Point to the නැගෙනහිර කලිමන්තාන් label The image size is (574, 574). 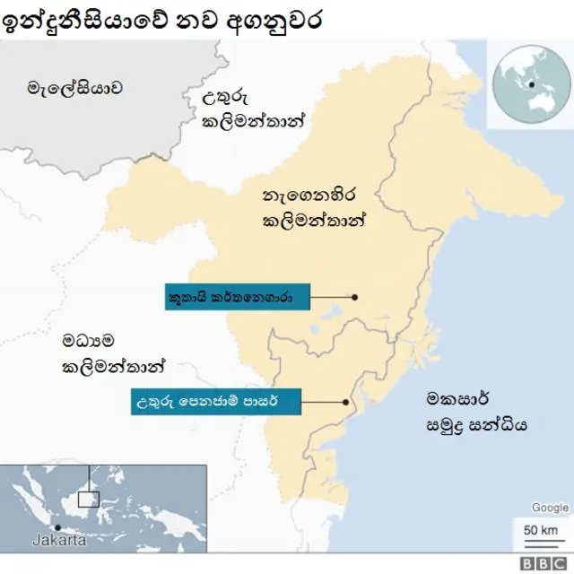click(315, 207)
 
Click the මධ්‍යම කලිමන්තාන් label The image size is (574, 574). click(113, 353)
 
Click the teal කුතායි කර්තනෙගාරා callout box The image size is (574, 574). click(238, 297)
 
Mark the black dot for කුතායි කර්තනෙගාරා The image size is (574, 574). click(355, 297)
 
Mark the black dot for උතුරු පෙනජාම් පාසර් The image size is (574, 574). click(344, 402)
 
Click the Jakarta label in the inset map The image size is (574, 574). click(59, 541)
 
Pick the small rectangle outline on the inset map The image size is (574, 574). click(88, 499)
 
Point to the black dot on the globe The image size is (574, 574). click(532, 85)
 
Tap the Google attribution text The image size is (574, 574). click(550, 508)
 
